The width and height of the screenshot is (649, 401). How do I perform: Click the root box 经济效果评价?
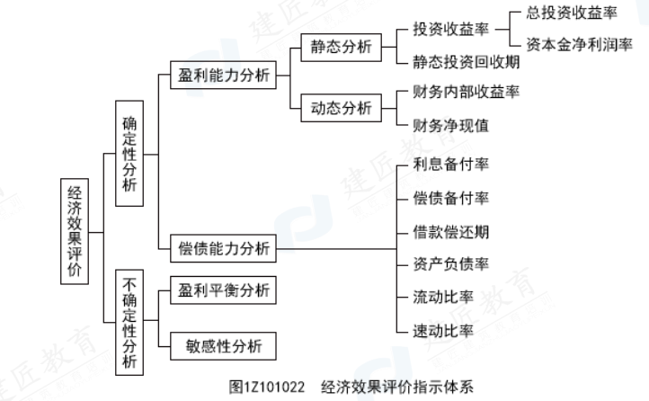coord(77,231)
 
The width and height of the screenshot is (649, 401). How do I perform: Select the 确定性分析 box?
coord(130,153)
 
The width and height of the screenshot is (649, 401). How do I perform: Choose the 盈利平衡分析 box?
coord(224,290)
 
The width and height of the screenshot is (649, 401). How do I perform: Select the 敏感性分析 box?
coord(224,345)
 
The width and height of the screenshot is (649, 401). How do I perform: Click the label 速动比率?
coord(444,330)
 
